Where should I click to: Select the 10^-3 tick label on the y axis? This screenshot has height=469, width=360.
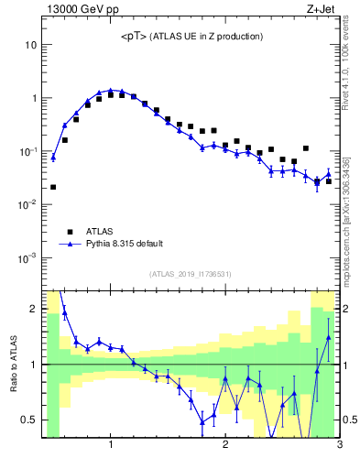(x=27, y=257)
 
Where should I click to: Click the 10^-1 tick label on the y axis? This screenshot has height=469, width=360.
(x=27, y=151)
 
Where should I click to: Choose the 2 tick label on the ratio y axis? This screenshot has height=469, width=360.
(x=34, y=309)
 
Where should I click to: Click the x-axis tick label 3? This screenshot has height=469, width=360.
(x=340, y=446)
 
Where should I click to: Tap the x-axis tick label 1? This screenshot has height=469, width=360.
(x=111, y=446)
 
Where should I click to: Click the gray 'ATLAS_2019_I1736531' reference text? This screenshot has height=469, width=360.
(x=191, y=274)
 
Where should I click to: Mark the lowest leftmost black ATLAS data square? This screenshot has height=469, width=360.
(x=53, y=187)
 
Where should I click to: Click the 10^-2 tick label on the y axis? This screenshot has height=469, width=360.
(x=27, y=204)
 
